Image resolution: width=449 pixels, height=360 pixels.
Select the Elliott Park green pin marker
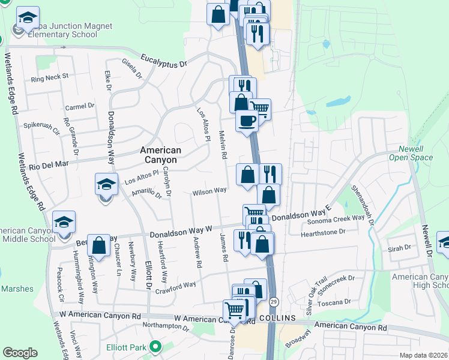point(155,346)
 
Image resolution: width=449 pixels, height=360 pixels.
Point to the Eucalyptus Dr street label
point(164,59)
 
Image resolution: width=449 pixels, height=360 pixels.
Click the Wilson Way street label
point(209,191)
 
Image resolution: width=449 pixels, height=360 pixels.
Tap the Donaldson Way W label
point(181,232)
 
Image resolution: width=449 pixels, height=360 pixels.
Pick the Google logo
point(20,353)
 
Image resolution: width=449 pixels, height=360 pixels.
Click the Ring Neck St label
point(50,77)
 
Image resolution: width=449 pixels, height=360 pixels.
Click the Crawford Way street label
point(176,286)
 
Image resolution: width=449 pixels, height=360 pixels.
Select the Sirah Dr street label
point(399,247)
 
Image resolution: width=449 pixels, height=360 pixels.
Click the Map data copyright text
point(423,355)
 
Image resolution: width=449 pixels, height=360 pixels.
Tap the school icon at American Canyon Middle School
point(64,223)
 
